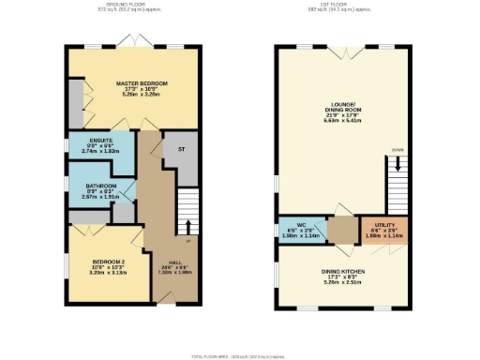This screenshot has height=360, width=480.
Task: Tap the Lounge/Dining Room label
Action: click(341, 109)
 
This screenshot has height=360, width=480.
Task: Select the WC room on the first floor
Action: click(300, 229)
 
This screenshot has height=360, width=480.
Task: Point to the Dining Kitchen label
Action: click(341, 270)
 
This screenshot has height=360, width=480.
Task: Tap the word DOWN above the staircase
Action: click(397, 149)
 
